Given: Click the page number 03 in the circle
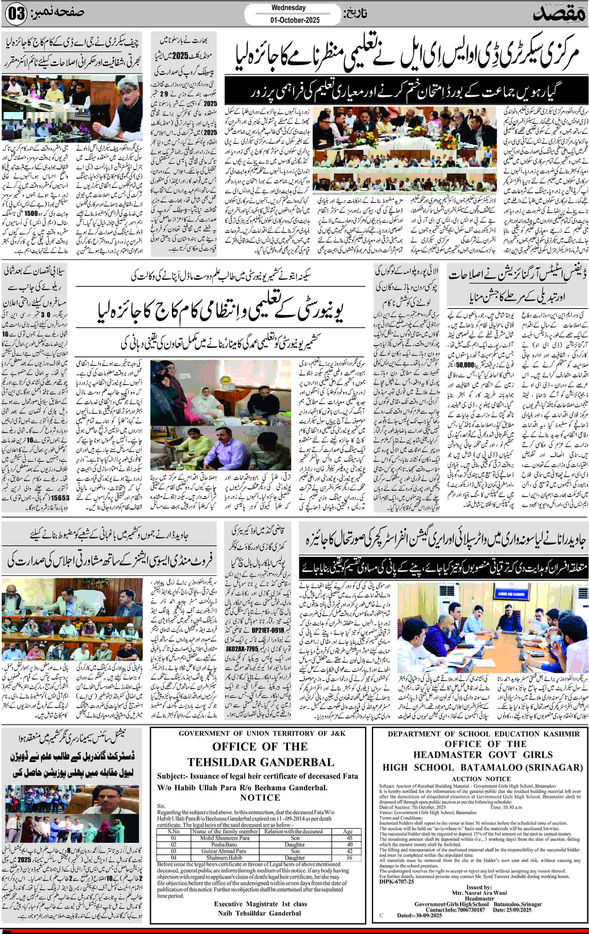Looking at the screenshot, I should coord(16,14).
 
